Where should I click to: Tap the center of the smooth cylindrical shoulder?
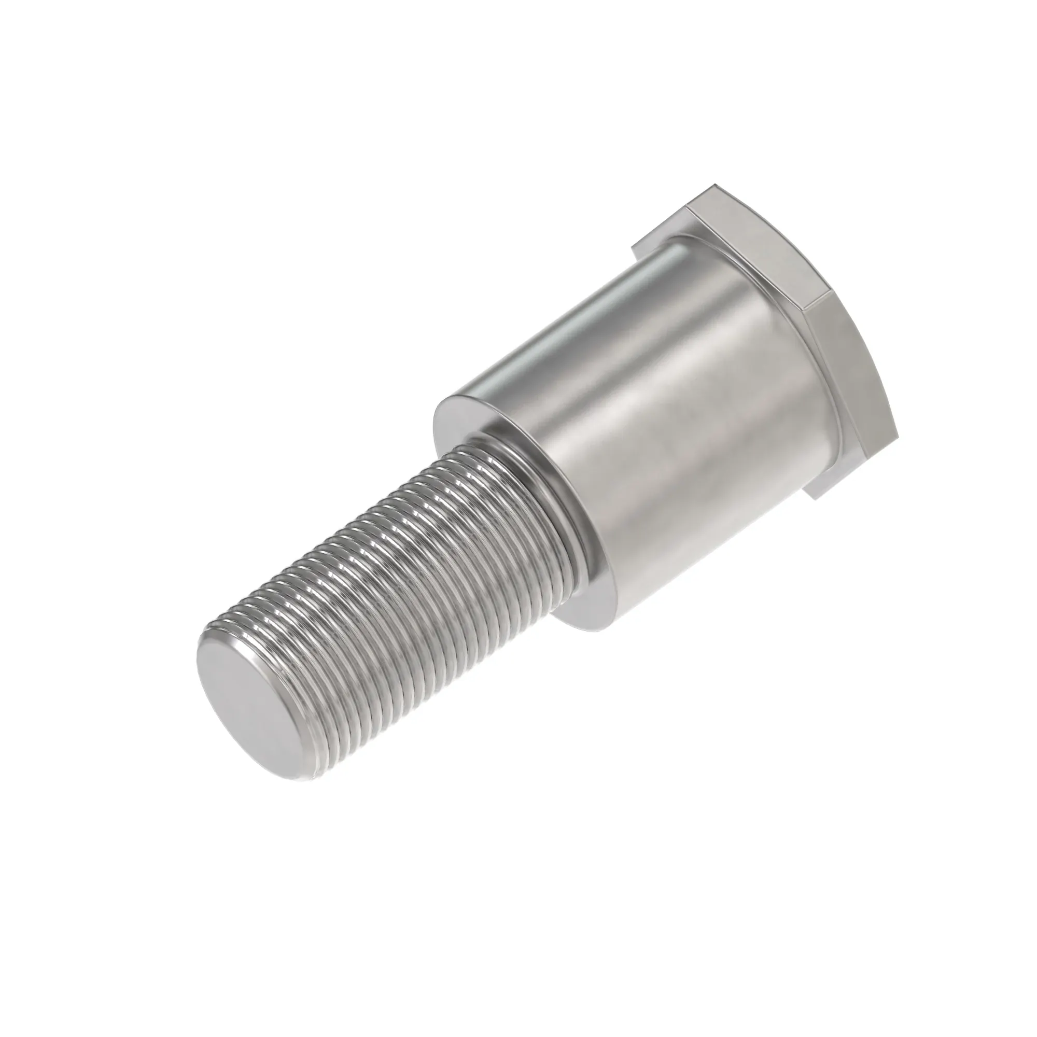point(671,429)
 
